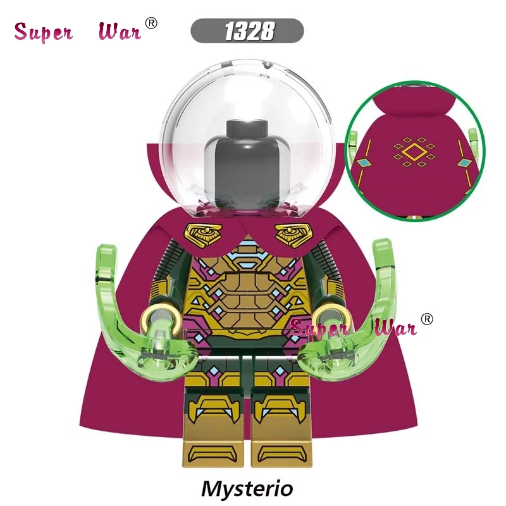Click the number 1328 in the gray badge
(249, 31)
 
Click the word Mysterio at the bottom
(247, 488)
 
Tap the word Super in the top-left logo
(44, 32)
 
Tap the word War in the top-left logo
(120, 31)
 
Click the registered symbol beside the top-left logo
(151, 23)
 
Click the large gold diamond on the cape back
(414, 152)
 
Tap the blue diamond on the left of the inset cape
(364, 163)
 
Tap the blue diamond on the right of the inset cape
(465, 163)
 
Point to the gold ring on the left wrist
(160, 319)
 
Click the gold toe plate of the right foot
(281, 454)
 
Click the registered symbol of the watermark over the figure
(427, 319)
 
